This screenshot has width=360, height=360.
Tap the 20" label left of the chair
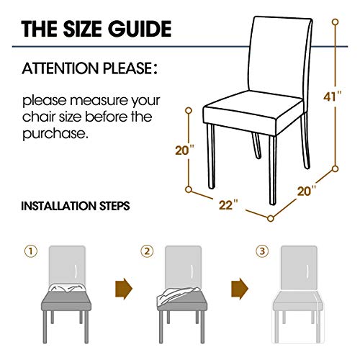pyautogui.click(x=184, y=150)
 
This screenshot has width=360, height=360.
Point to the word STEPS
pyautogui.click(x=113, y=205)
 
